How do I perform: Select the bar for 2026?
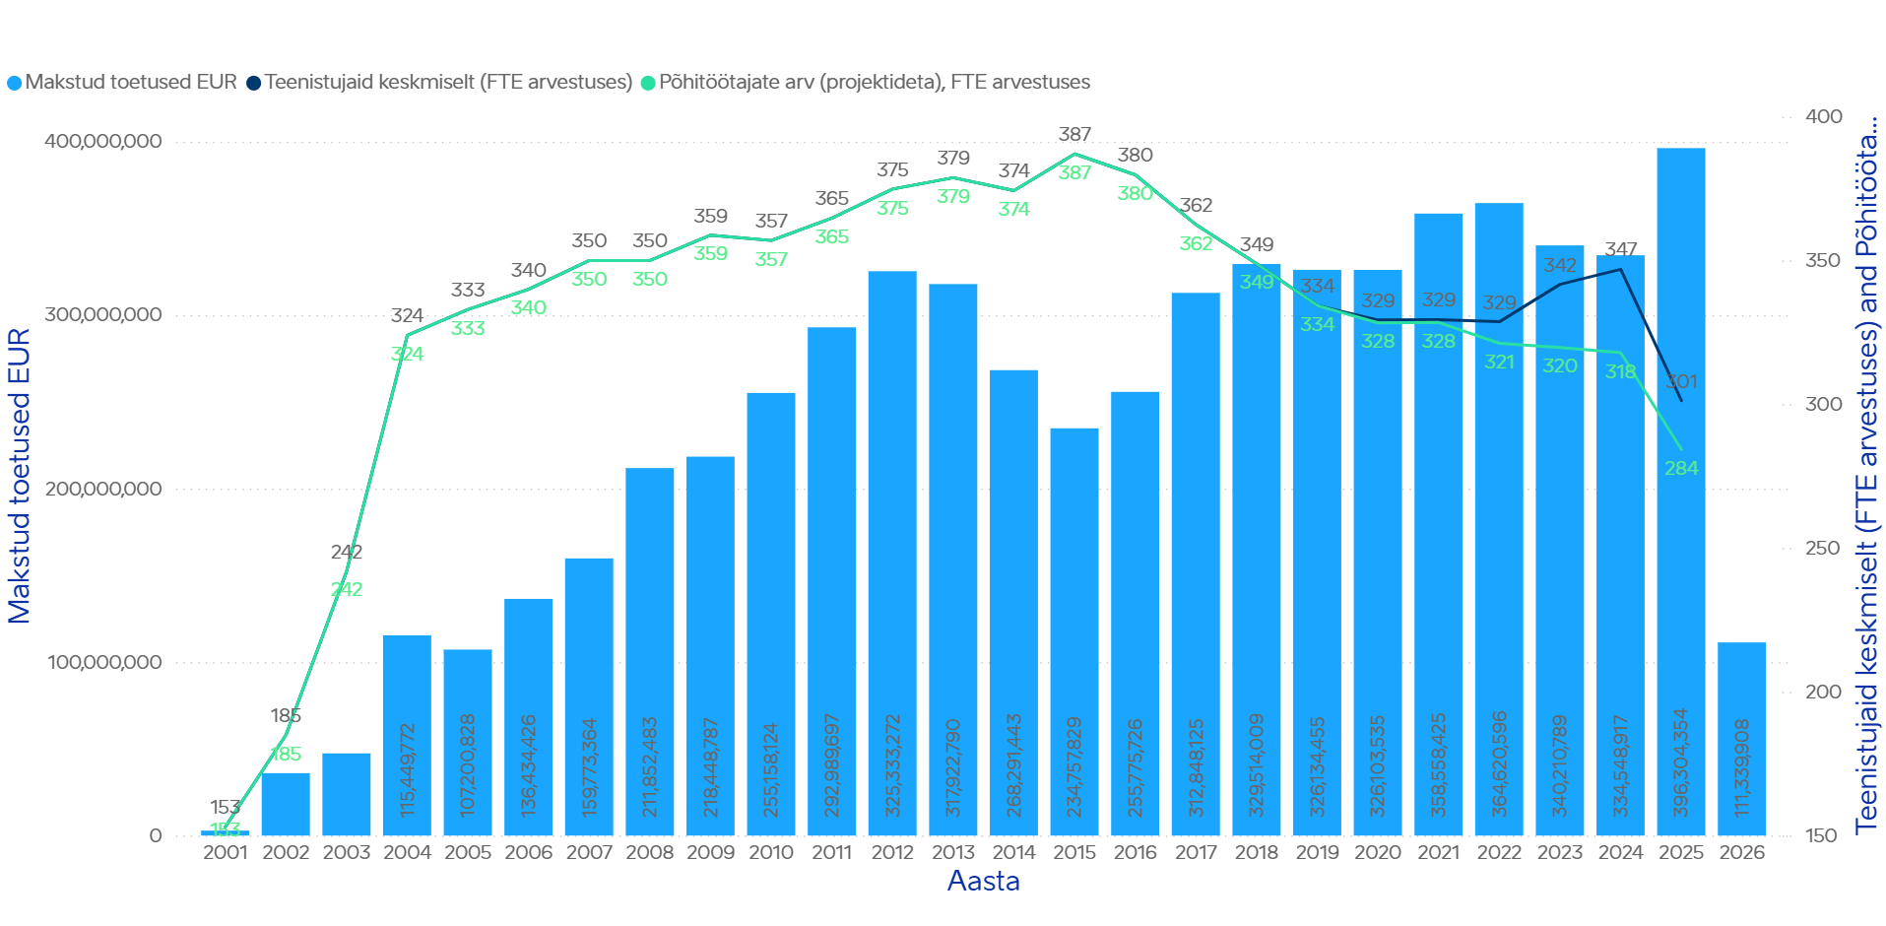click(x=1741, y=739)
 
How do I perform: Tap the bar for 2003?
click(x=347, y=794)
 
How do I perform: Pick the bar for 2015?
click(x=1074, y=630)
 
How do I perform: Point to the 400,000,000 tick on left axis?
click(x=103, y=142)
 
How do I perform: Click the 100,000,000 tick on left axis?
click(x=103, y=662)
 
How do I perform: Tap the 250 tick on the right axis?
click(x=1822, y=548)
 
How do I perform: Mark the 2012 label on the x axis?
click(x=892, y=852)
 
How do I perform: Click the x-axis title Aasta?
click(x=983, y=881)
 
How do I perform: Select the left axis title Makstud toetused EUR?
click(x=20, y=476)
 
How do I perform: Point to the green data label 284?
click(x=1681, y=468)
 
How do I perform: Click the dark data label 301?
click(x=1681, y=382)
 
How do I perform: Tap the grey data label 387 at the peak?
click(x=1074, y=134)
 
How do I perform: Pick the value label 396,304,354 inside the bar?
click(x=1681, y=762)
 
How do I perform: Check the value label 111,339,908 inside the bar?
click(x=1742, y=767)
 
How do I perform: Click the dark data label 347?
click(x=1620, y=249)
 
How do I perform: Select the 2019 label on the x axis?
click(x=1317, y=852)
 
